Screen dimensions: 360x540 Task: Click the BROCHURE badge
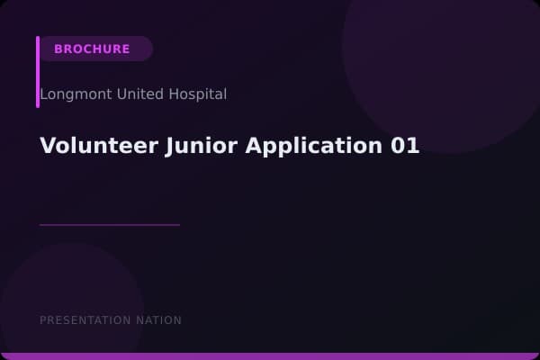[x=92, y=49]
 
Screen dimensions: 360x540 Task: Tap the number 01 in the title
[x=405, y=146]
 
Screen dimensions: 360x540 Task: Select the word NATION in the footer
[x=158, y=320]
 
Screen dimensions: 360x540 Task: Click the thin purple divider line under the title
[x=110, y=225]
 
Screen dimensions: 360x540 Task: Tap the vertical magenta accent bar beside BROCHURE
[x=38, y=72]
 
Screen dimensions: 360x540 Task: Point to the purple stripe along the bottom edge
[x=270, y=356]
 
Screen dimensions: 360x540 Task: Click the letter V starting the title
[x=47, y=146]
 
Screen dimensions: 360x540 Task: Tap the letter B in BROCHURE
[x=58, y=49]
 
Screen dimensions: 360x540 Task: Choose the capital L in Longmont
[x=43, y=94]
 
